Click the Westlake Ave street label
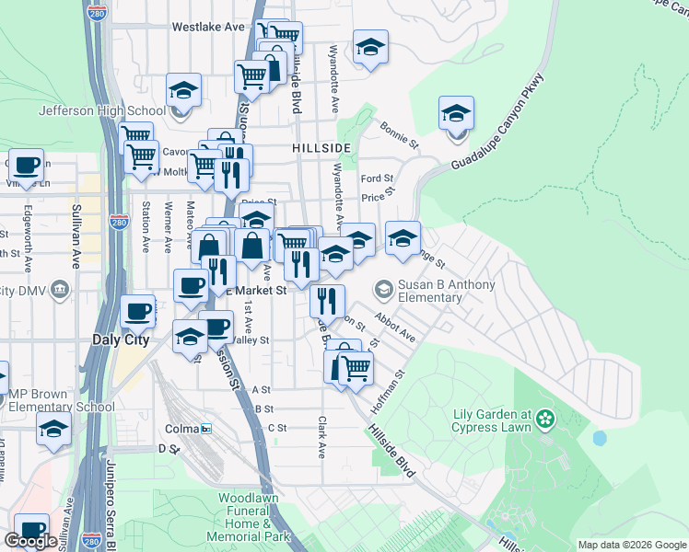pos(208,28)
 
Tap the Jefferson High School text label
pos(101,111)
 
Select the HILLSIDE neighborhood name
pos(321,148)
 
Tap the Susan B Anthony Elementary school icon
pos(383,290)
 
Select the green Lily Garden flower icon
pos(546,420)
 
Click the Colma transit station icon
pos(207,429)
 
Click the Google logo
pos(30,541)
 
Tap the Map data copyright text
pos(631,545)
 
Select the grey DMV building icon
pos(60,291)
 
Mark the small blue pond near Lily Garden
pos(601,439)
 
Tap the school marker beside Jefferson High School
pos(183,93)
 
